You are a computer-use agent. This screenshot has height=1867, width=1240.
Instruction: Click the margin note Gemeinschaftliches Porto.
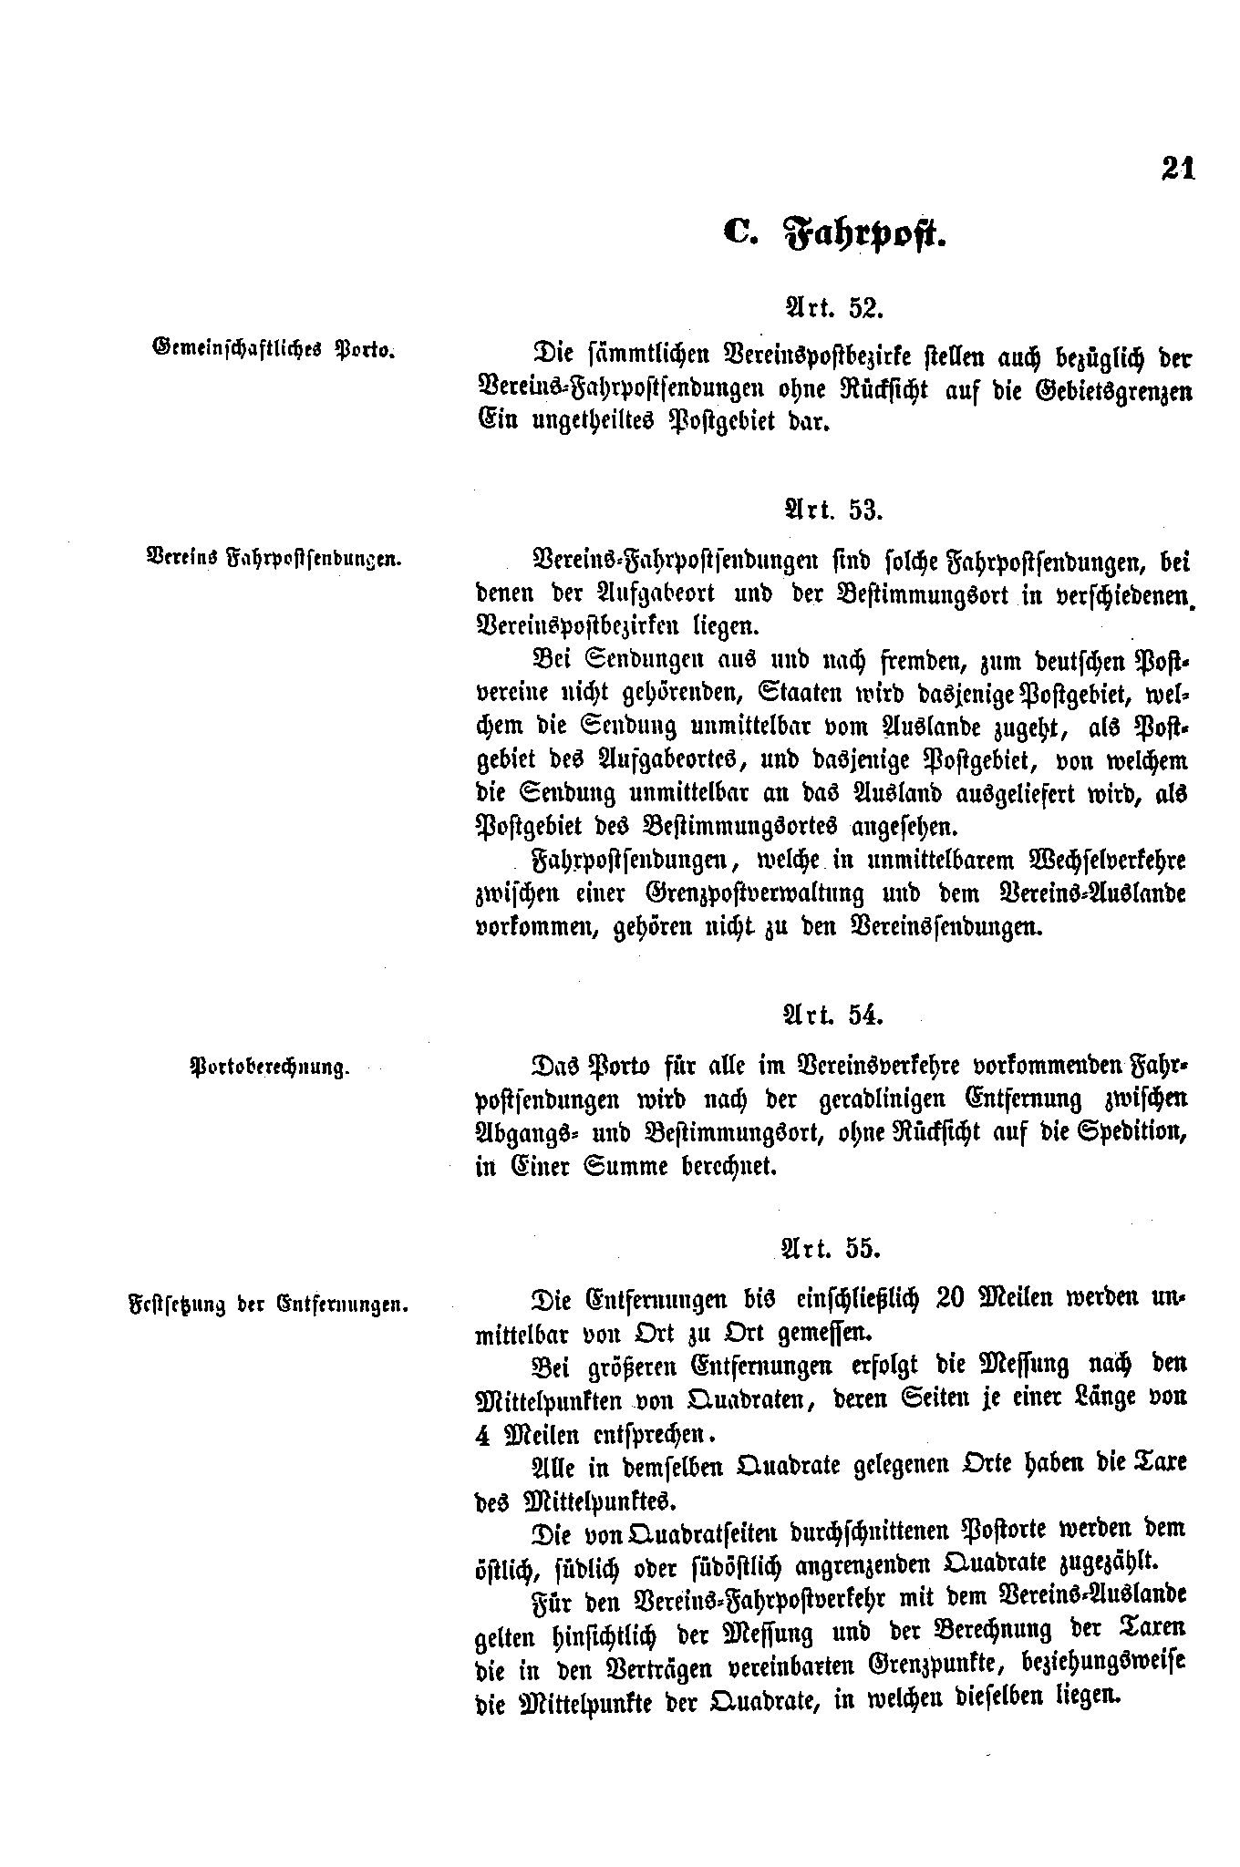click(x=273, y=349)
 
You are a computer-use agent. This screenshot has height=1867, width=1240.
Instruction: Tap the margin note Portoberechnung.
click(x=270, y=1066)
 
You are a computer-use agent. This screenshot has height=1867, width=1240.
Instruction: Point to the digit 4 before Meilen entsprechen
click(x=483, y=1434)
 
